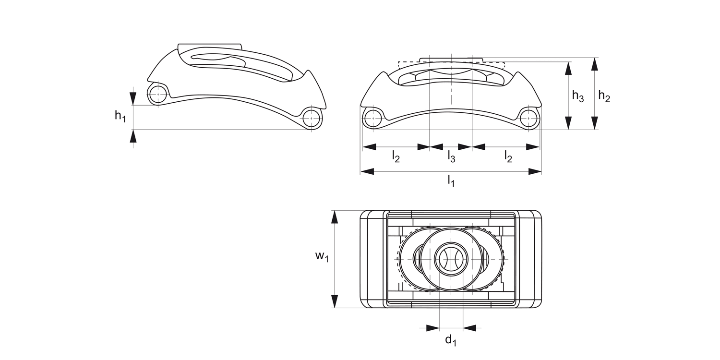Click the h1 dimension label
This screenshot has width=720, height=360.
click(120, 116)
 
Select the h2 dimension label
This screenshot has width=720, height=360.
click(604, 96)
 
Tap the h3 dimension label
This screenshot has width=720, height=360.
click(577, 96)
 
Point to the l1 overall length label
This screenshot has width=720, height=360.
click(451, 181)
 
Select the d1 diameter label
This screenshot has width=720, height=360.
click(450, 341)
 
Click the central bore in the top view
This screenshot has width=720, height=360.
click(451, 259)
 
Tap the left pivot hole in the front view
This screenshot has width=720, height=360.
click(373, 118)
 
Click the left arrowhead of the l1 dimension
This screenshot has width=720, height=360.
click(367, 171)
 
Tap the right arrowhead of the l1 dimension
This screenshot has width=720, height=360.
click(535, 171)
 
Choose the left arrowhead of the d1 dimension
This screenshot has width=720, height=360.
click(433, 328)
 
